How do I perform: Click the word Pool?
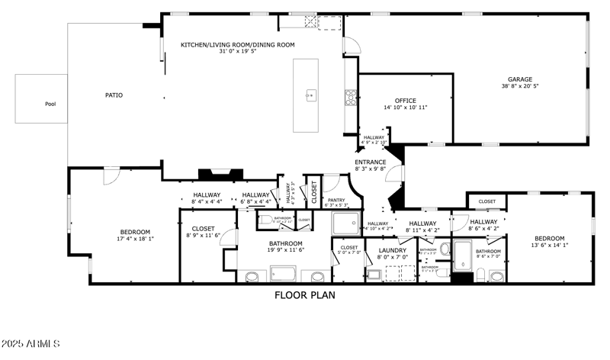tap(50, 104)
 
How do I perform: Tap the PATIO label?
tap(114, 95)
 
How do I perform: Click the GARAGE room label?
tap(520, 79)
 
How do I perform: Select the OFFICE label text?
tap(405, 101)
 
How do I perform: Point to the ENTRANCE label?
tap(371, 162)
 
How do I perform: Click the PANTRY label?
tap(335, 199)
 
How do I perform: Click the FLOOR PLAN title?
tap(304, 294)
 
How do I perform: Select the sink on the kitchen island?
tap(310, 95)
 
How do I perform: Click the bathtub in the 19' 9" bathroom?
tap(283, 273)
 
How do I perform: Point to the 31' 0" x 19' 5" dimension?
tap(237, 52)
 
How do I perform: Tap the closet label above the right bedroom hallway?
tap(486, 201)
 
